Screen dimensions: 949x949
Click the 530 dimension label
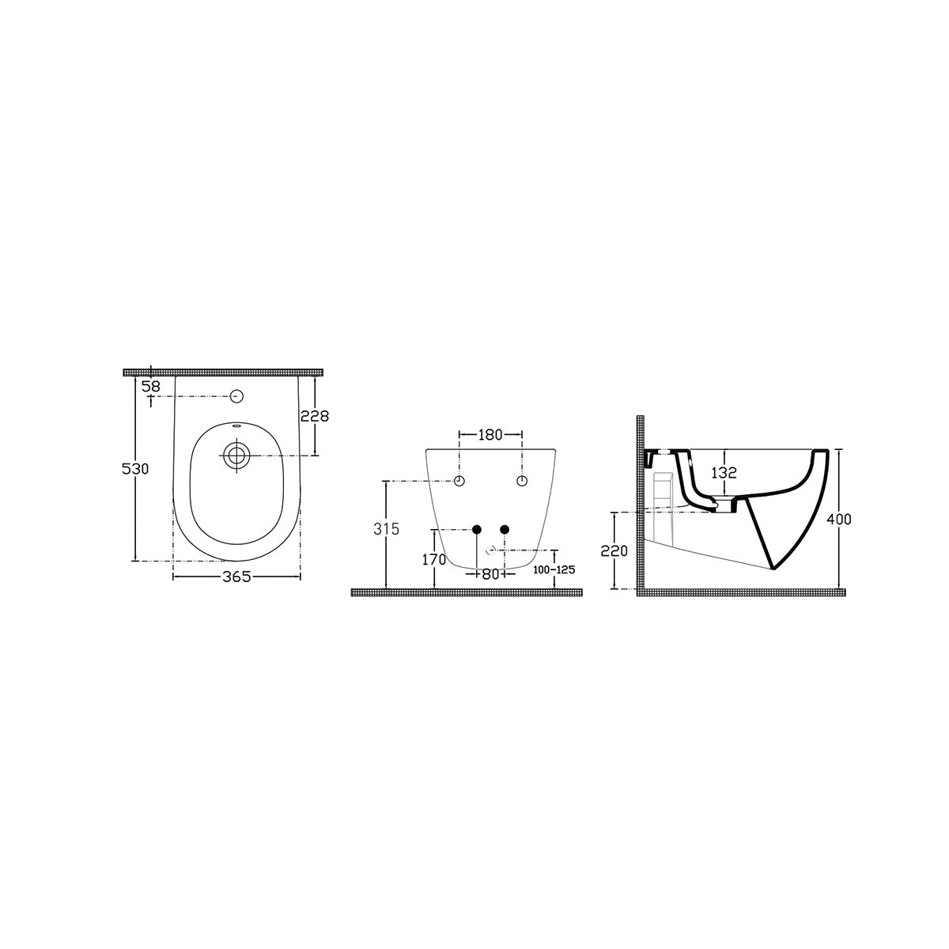[x=135, y=469]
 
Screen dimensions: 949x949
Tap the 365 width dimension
[x=236, y=577]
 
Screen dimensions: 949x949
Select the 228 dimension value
[x=315, y=416]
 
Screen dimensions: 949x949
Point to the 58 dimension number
[x=151, y=387]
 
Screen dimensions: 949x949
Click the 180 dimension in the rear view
[x=490, y=435]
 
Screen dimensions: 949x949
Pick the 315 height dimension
[x=386, y=529]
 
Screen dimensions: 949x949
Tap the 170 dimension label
[x=434, y=559]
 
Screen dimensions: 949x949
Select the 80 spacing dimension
[x=490, y=574]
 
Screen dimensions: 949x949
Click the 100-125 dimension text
[x=554, y=569]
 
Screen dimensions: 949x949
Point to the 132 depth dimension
[x=724, y=473]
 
